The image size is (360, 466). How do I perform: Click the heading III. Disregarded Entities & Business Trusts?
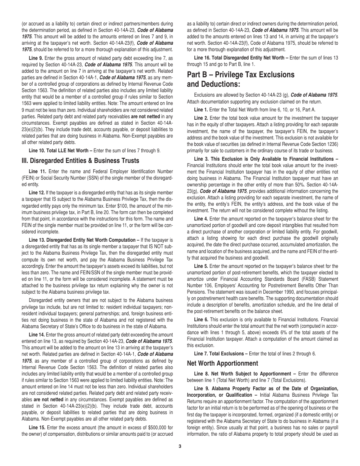(x=80, y=161)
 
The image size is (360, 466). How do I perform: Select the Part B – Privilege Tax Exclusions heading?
(x=241, y=75)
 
